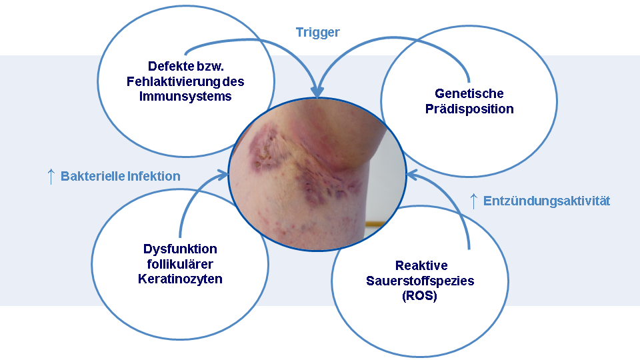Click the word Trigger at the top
pos(318,33)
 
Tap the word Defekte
pos(169,67)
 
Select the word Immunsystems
pos(185,96)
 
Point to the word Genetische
pos(469,93)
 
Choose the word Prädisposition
pos(469,109)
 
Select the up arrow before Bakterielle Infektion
pos(51,177)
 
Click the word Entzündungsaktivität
pos(547,201)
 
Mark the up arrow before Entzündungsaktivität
pos(473,201)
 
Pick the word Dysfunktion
pos(180,249)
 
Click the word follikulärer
pos(180,264)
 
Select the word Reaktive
pos(421,266)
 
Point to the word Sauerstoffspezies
pos(420,281)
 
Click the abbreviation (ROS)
pos(420,296)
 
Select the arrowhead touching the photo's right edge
pos(412,175)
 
